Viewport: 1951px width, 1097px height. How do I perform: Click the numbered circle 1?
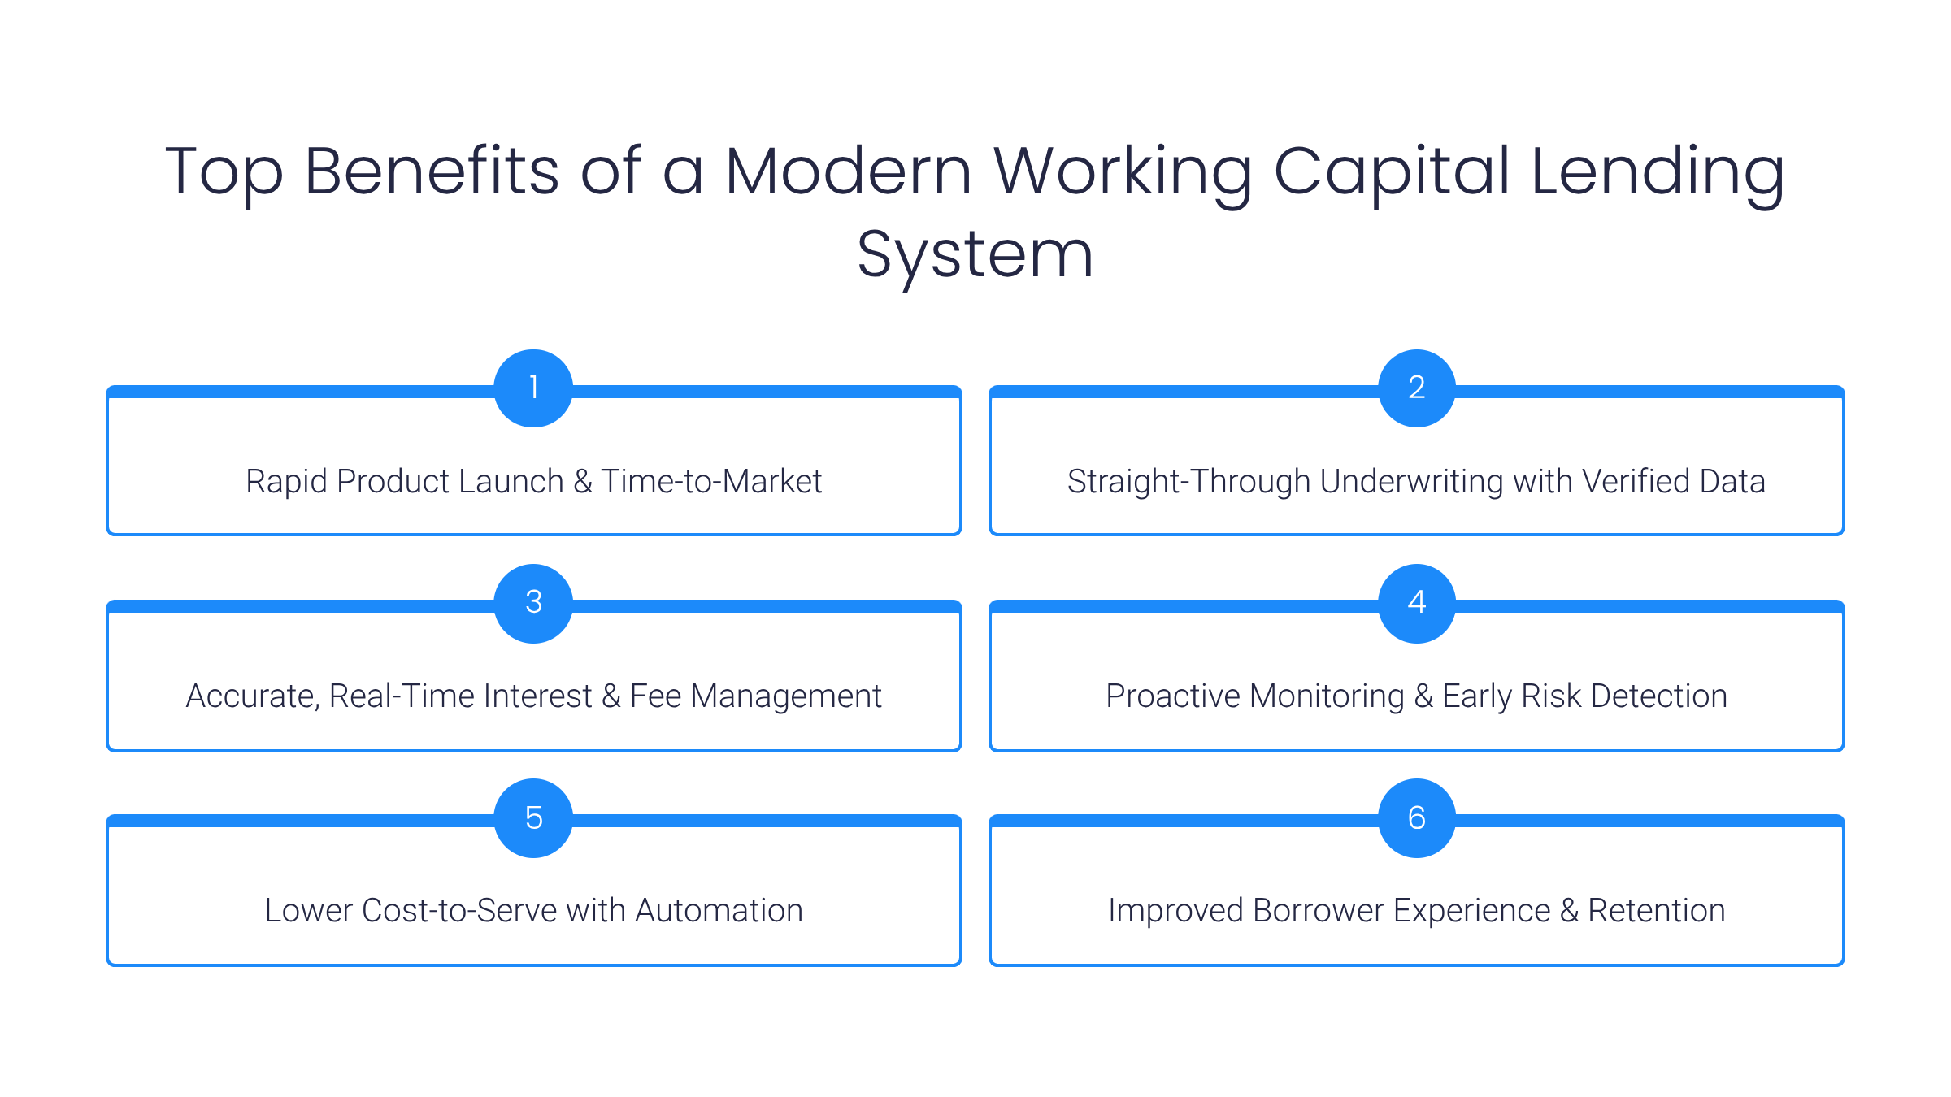pyautogui.click(x=533, y=388)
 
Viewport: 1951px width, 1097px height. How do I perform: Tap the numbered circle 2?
pyautogui.click(x=1416, y=388)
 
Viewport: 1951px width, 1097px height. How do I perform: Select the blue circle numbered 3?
pyautogui.click(x=533, y=602)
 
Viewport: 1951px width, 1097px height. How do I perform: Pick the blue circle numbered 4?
pyautogui.click(x=1416, y=602)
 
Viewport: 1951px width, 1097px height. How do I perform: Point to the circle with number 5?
pyautogui.click(x=533, y=817)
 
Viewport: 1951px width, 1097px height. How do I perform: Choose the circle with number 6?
pyautogui.click(x=1416, y=817)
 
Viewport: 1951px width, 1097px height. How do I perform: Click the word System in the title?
pyautogui.click(x=975, y=256)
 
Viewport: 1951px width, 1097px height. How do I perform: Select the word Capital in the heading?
pyautogui.click(x=1391, y=171)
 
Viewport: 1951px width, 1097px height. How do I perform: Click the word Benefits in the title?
pyautogui.click(x=432, y=171)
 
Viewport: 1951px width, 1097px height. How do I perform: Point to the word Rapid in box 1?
pyautogui.click(x=286, y=481)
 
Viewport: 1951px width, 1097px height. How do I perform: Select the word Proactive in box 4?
pyautogui.click(x=1173, y=696)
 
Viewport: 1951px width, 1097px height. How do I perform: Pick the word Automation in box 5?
pyautogui.click(x=719, y=911)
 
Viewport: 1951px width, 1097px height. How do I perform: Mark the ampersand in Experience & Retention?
pyautogui.click(x=1569, y=911)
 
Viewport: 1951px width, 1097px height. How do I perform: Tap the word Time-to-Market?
pyautogui.click(x=711, y=481)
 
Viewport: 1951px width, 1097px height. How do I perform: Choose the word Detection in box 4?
pyautogui.click(x=1658, y=696)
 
